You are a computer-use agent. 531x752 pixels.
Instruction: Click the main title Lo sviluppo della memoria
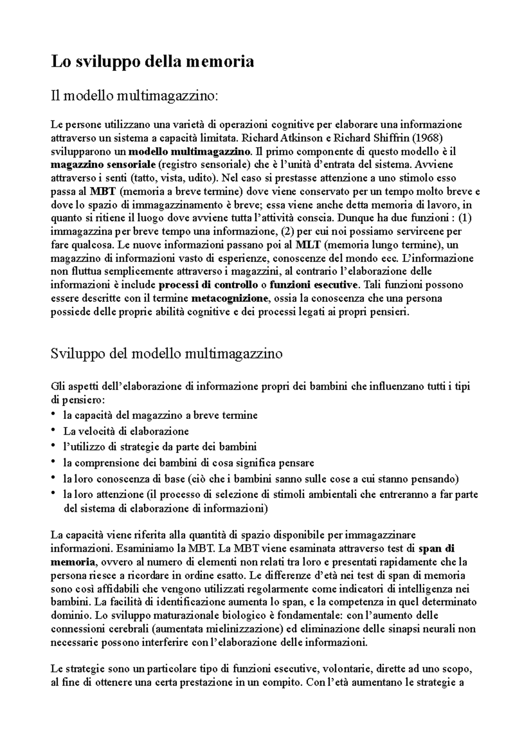point(152,61)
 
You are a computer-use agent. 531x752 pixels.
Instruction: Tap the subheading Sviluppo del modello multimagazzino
point(166,354)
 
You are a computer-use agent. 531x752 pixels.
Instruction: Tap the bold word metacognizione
point(230,298)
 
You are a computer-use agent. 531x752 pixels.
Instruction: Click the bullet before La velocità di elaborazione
point(54,430)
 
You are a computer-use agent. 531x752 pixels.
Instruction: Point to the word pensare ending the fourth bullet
point(297,463)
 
